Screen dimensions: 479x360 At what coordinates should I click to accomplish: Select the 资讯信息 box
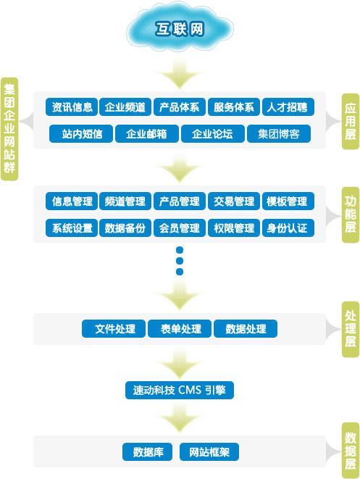72,107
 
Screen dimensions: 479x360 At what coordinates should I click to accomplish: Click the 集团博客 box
279,134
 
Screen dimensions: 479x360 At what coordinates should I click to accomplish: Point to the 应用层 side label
350,120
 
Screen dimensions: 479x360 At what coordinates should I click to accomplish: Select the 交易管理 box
233,201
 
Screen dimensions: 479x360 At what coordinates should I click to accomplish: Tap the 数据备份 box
125,228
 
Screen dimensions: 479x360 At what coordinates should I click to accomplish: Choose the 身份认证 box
287,228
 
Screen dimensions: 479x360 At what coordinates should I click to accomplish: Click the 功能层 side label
350,214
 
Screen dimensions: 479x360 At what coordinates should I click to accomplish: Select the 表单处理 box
180,328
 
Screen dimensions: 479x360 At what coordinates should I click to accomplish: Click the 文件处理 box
114,328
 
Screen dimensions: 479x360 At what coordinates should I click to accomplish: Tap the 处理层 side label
350,328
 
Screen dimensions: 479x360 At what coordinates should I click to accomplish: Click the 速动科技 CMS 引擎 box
179,390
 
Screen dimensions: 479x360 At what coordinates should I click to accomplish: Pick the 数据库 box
148,452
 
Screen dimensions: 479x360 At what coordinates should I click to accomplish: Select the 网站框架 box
209,452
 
